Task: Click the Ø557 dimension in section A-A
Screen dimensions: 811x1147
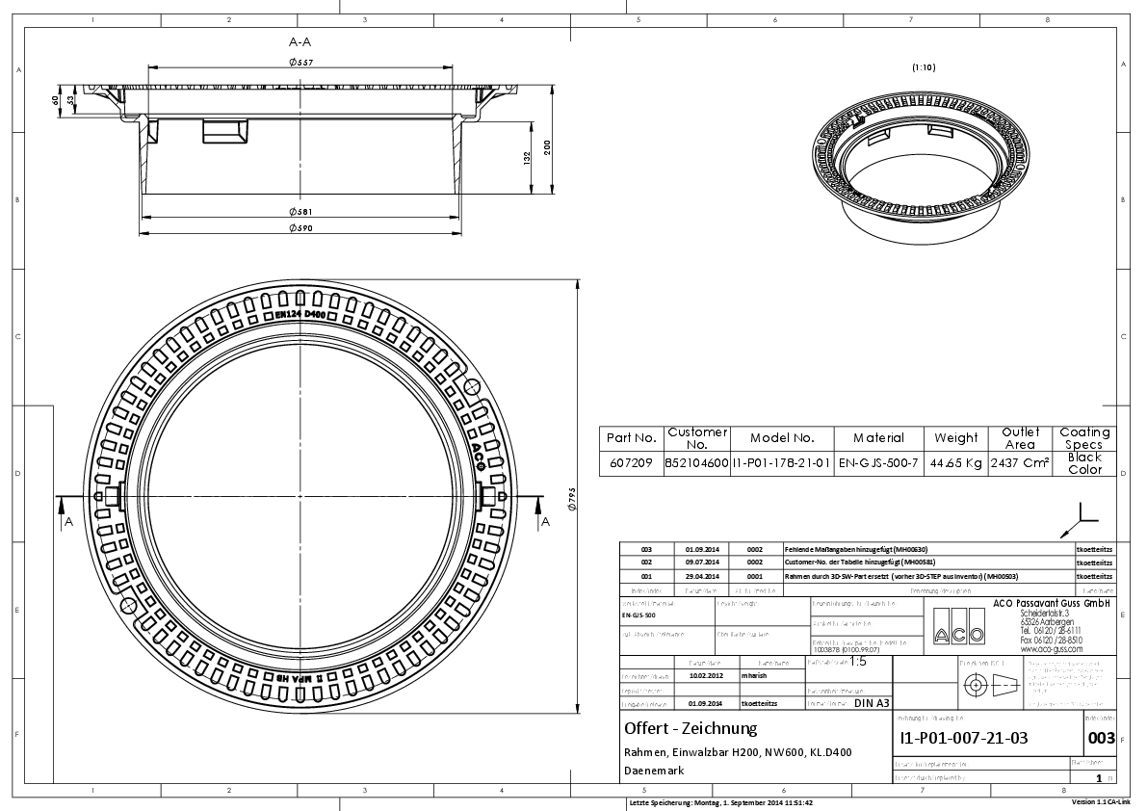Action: [301, 63]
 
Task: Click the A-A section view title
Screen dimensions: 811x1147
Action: [300, 41]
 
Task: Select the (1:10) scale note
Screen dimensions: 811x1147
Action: [924, 67]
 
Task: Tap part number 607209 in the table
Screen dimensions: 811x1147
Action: [632, 463]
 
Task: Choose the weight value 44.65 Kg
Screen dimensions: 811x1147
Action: [956, 463]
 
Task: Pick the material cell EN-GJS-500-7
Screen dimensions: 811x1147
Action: [878, 463]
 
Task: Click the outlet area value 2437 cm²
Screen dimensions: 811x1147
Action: [1020, 463]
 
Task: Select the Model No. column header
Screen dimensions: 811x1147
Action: [782, 438]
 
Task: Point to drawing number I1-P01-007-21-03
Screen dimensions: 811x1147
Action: [963, 739]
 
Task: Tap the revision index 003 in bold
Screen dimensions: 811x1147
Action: [1100, 739]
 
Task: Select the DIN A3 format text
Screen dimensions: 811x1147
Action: [872, 703]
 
